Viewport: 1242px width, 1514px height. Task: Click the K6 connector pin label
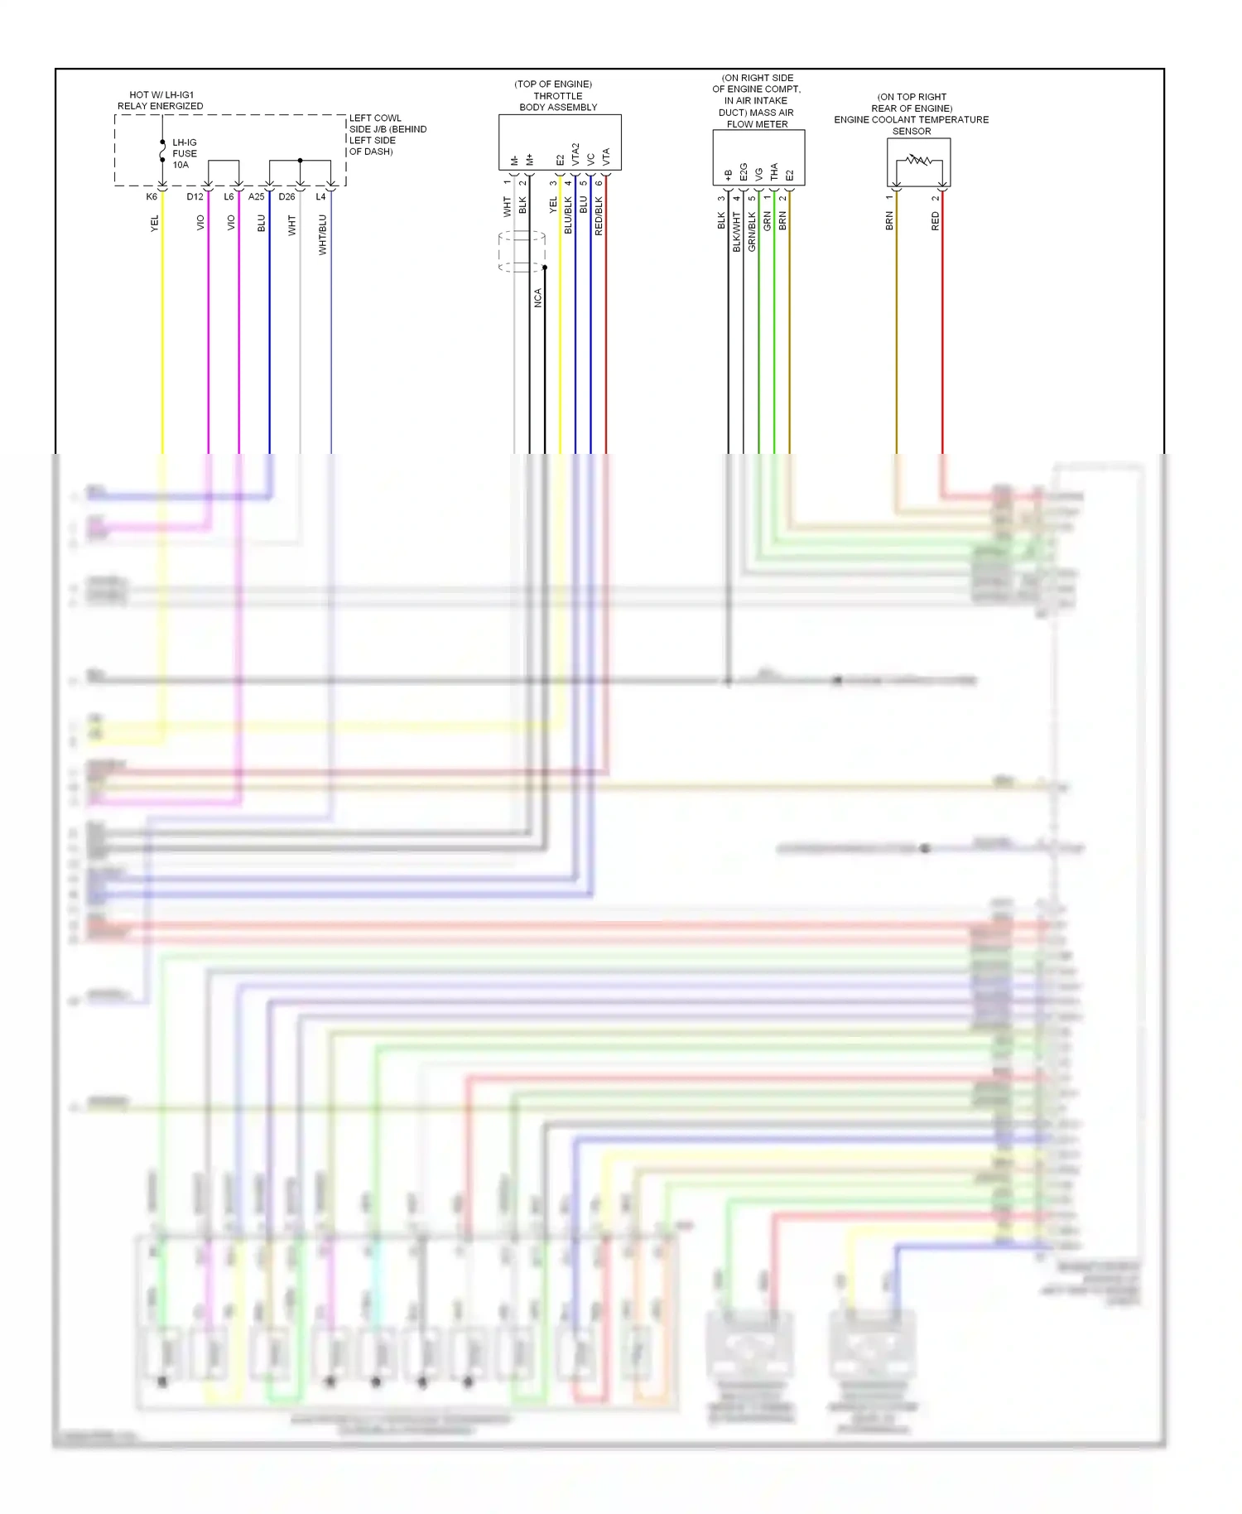tap(152, 197)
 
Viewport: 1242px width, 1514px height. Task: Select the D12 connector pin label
tap(195, 197)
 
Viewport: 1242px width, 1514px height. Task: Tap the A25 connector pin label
tap(257, 197)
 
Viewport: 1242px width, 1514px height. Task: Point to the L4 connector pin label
tap(320, 197)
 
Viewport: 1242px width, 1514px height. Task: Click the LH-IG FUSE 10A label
tap(184, 154)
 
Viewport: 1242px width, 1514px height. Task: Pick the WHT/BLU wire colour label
tap(323, 235)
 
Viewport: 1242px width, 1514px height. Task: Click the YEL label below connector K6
tap(155, 223)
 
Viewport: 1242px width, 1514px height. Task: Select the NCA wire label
tap(538, 298)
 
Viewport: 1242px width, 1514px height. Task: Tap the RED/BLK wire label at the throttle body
tap(599, 216)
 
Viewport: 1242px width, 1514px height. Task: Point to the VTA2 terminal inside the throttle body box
tap(575, 155)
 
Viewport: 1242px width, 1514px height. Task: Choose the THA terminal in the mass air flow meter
tap(774, 171)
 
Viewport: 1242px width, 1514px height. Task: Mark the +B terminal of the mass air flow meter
tap(729, 175)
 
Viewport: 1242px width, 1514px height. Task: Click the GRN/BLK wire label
tap(752, 232)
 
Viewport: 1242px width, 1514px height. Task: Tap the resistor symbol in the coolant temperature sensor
tap(918, 160)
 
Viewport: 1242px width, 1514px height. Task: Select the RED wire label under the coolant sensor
tap(936, 221)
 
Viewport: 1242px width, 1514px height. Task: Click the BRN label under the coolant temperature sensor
tap(890, 221)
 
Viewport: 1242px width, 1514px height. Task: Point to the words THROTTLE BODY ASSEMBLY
tap(558, 102)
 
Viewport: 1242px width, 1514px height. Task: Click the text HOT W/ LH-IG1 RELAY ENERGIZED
tap(161, 100)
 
